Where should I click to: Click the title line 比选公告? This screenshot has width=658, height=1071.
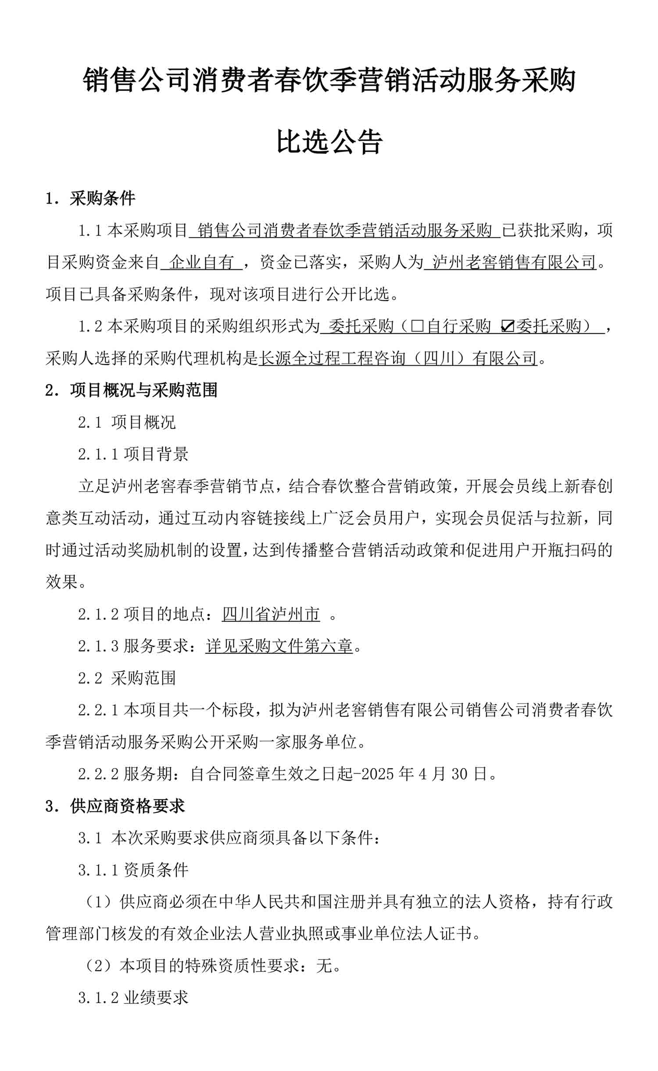tap(329, 142)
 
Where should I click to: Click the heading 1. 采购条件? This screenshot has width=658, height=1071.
tap(90, 199)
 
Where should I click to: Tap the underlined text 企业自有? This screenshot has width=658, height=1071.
tap(201, 262)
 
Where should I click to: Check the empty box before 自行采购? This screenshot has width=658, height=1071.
tap(417, 326)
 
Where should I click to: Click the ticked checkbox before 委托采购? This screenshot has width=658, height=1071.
tap(507, 326)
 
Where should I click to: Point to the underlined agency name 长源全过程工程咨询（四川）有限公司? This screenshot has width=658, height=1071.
tap(398, 358)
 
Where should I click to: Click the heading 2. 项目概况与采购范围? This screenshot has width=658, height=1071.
tap(131, 390)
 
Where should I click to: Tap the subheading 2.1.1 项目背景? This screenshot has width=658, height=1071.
tap(133, 454)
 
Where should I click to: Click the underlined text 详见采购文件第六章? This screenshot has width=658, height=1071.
tap(279, 646)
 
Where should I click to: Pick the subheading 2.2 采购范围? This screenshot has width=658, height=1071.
tap(127, 678)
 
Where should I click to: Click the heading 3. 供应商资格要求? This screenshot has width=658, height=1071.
tap(115, 806)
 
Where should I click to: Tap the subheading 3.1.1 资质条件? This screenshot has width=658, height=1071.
tap(133, 870)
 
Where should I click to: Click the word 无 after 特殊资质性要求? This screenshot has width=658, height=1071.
tap(325, 966)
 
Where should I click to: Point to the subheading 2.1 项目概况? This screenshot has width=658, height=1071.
tap(127, 422)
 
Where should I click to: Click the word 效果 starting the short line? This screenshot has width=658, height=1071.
tap(62, 582)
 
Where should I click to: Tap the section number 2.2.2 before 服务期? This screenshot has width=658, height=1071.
tap(98, 774)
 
